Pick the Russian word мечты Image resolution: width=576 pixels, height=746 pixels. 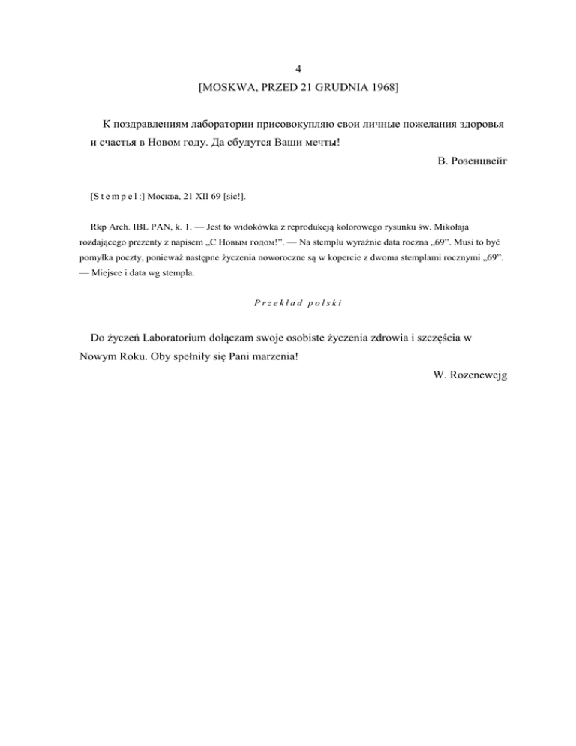[x=320, y=142]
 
